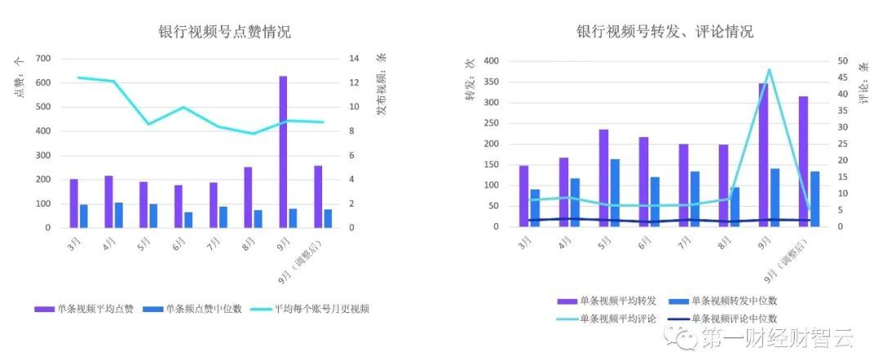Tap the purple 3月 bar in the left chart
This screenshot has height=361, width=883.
coord(74,203)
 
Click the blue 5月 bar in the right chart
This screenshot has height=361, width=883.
coord(615,193)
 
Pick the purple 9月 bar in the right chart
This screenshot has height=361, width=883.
coord(763,155)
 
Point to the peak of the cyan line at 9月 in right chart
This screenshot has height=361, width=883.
coord(769,70)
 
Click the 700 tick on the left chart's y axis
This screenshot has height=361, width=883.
coord(43,59)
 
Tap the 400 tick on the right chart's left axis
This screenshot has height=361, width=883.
coord(491,61)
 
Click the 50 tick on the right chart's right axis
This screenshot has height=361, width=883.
coord(842,61)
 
